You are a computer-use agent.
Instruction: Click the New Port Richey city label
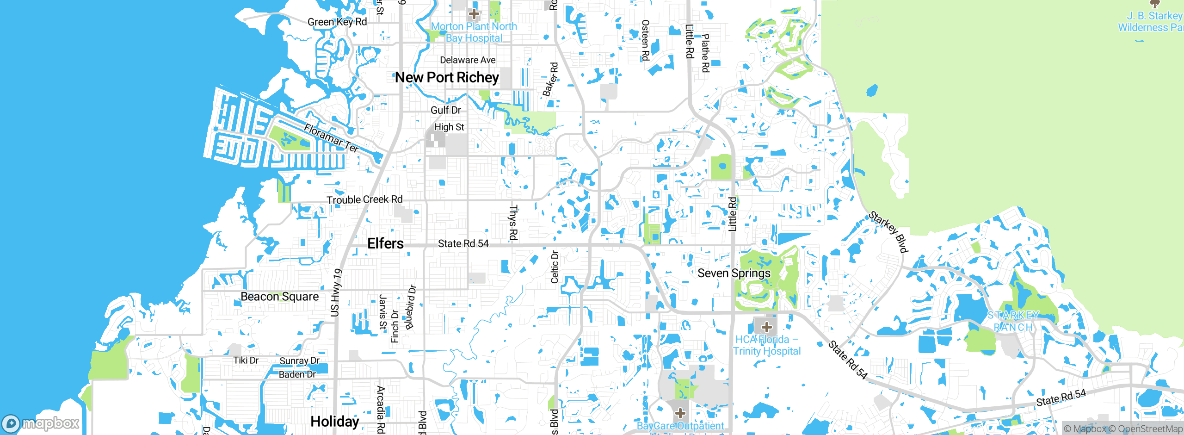[447, 77]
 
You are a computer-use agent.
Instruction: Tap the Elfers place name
[385, 243]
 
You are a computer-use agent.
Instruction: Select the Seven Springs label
[734, 273]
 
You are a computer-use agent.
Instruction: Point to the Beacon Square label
[279, 297]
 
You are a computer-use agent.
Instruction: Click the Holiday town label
[334, 421]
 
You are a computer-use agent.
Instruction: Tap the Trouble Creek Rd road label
[364, 199]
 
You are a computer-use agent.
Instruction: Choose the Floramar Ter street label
[331, 137]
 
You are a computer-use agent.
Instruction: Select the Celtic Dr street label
[555, 267]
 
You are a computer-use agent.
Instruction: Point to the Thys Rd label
[513, 223]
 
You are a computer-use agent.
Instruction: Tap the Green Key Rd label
[337, 22]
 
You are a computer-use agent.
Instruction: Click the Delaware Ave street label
[468, 60]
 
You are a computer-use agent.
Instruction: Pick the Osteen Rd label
[645, 40]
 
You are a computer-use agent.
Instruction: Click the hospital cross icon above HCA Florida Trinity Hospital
[766, 327]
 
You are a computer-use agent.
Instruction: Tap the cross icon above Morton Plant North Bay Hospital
[474, 14]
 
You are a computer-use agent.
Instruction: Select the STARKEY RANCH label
[1013, 321]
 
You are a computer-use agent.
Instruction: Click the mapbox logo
[41, 423]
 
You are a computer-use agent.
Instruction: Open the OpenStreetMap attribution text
[1150, 429]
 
